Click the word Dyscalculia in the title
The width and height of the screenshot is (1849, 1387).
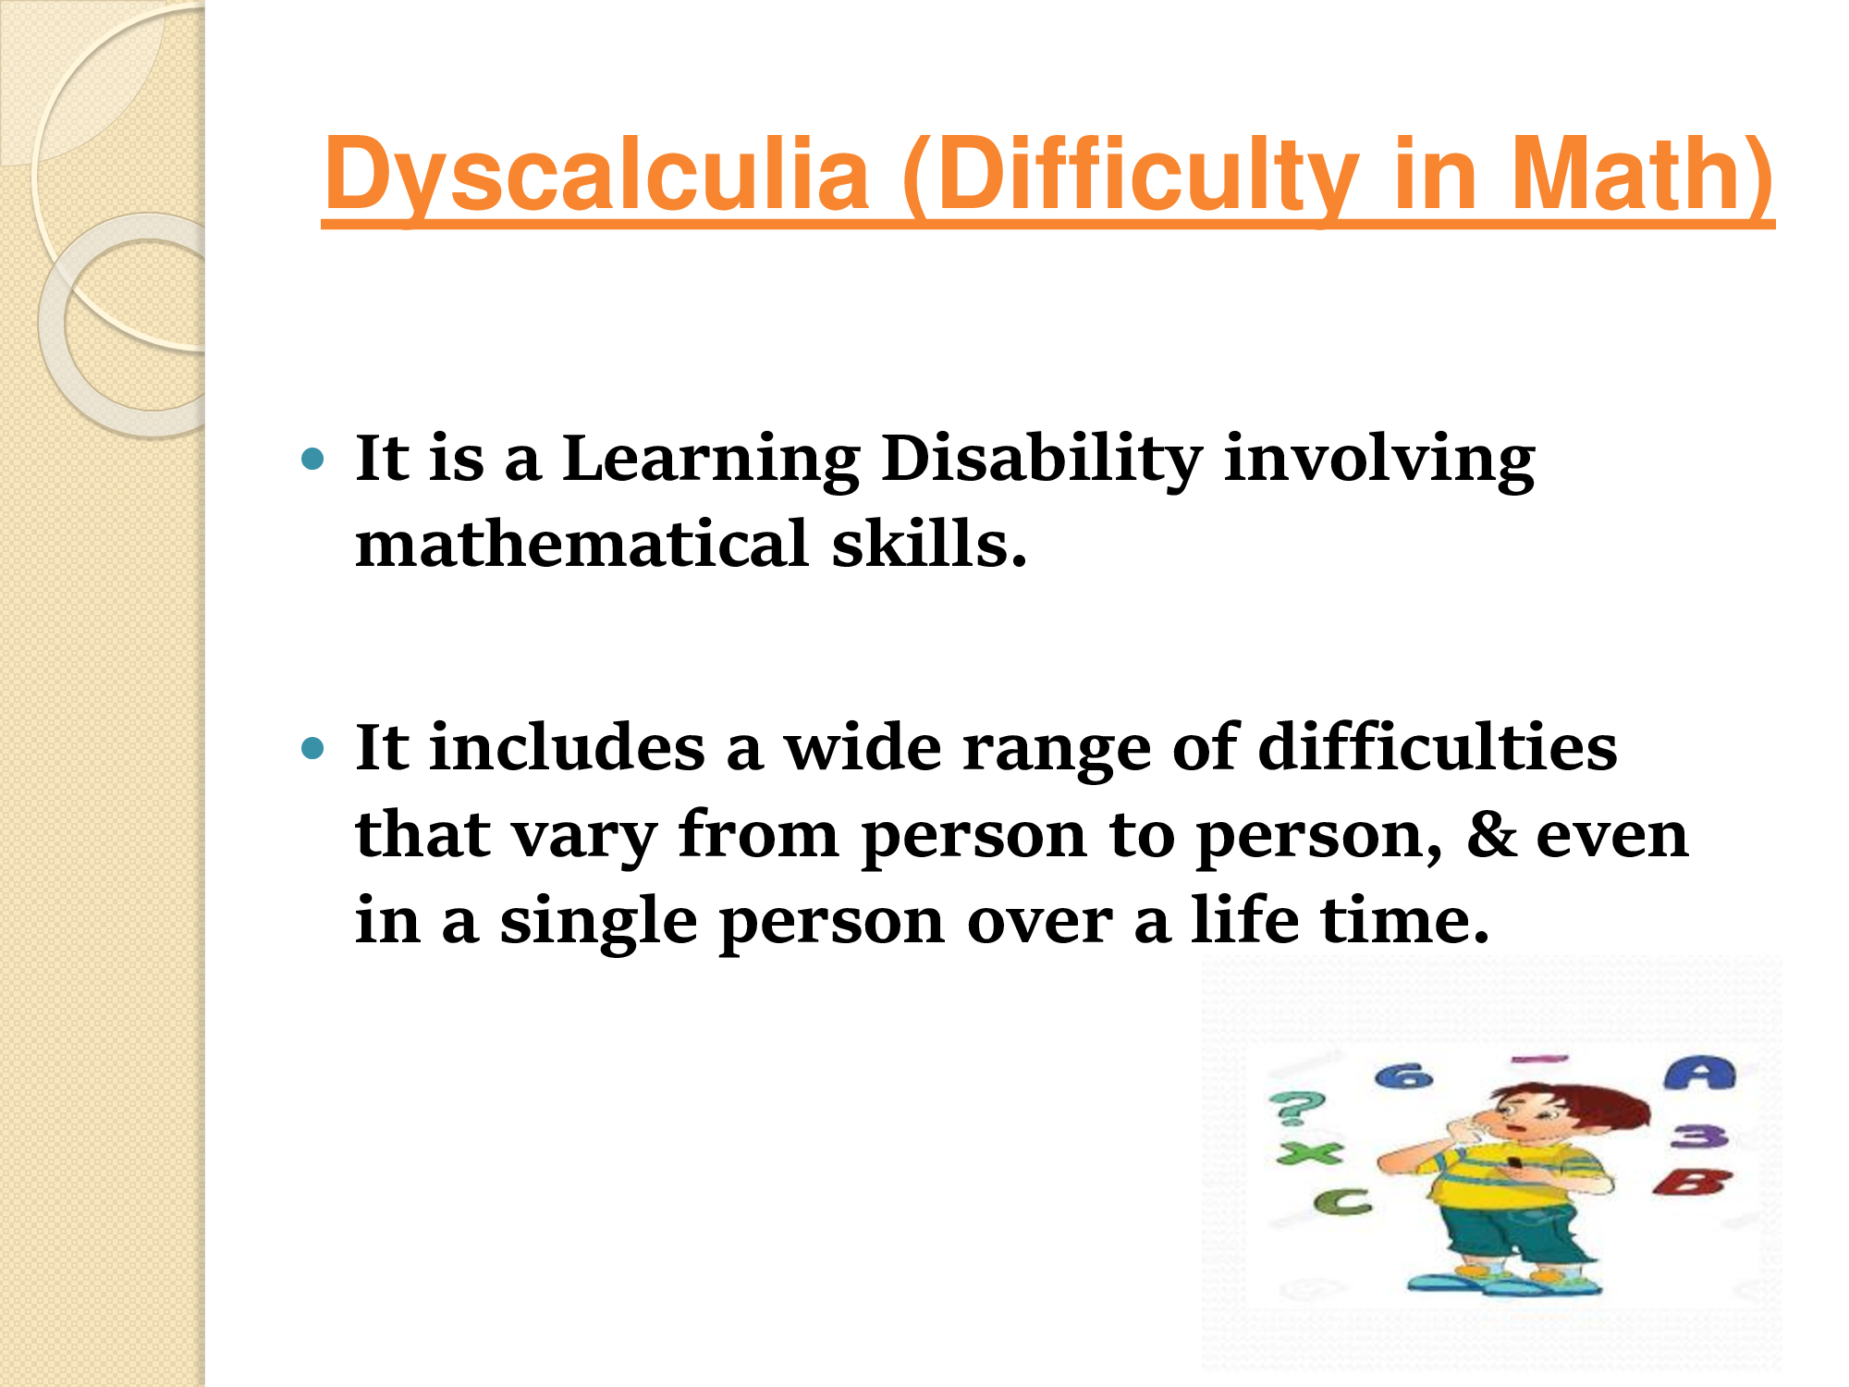(597, 176)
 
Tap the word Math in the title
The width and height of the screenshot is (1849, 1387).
(1641, 176)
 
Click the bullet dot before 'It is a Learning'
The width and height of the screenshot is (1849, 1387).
(314, 458)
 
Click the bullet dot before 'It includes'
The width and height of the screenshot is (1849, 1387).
(314, 747)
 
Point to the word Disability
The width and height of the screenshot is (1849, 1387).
(1042, 460)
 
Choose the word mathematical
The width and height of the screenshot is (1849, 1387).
(582, 543)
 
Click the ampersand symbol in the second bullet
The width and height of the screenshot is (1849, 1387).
(1490, 834)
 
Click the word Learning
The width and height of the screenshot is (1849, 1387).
(711, 460)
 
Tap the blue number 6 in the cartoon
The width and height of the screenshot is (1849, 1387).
(1403, 1076)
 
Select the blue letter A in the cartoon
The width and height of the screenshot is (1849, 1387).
(1699, 1074)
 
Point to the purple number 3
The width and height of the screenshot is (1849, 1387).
(1699, 1136)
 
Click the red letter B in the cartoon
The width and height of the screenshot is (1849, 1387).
(1692, 1183)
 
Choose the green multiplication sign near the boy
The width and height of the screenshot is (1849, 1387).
(1309, 1153)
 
